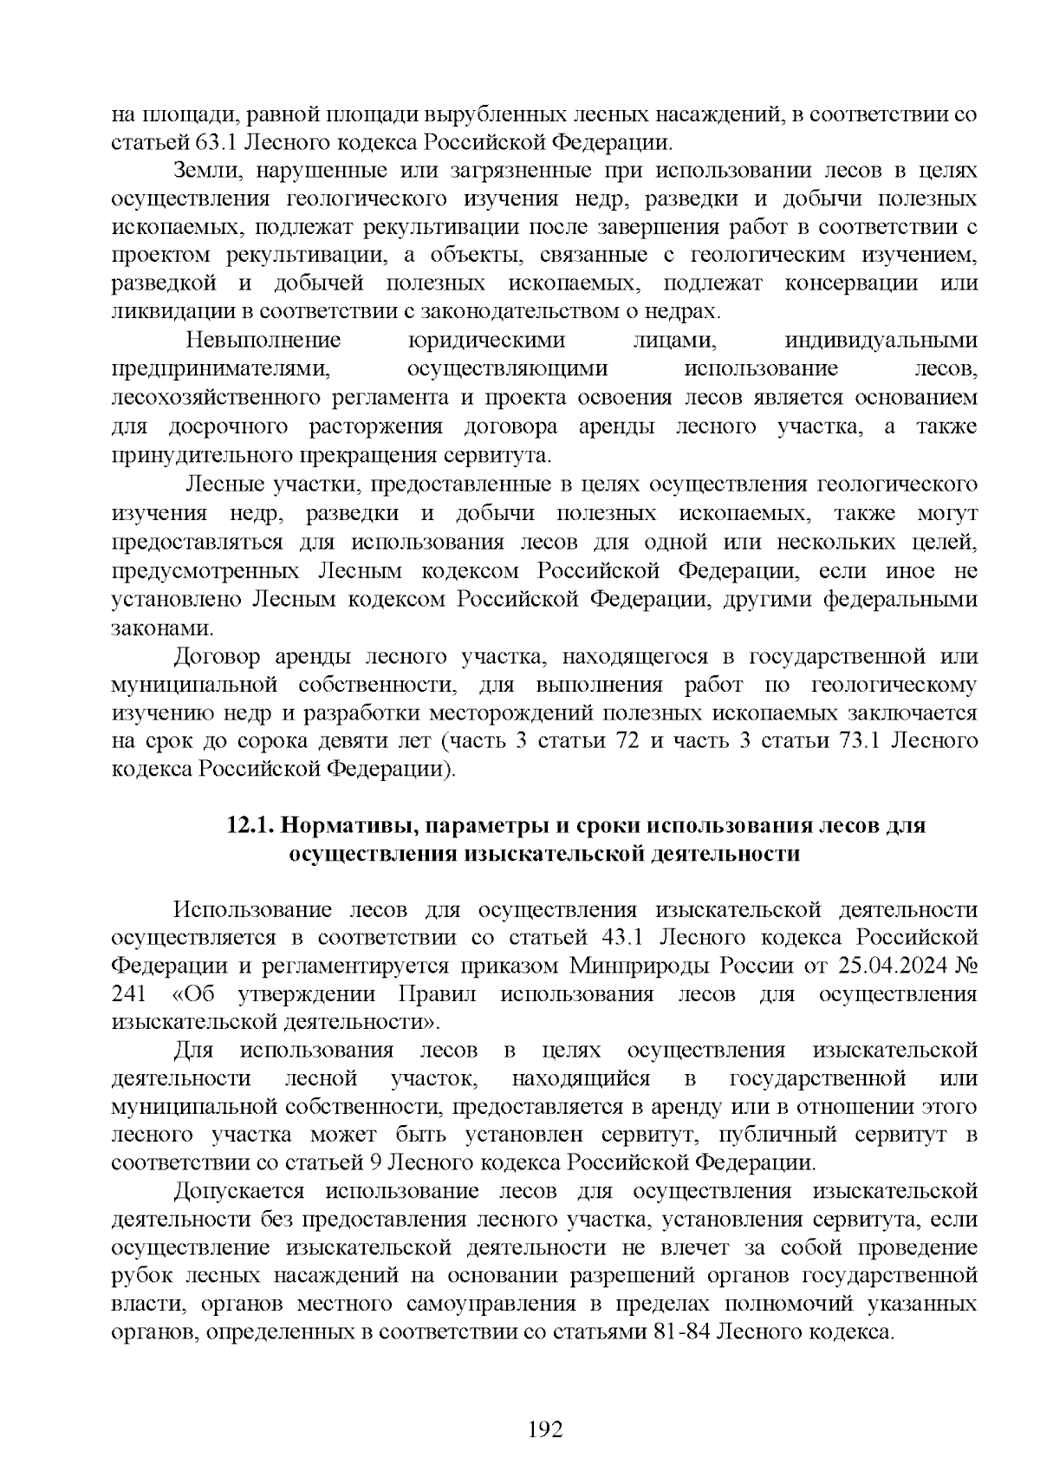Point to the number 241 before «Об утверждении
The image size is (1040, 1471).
click(130, 994)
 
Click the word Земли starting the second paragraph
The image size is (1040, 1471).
click(203, 170)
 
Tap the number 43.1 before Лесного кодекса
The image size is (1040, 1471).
click(620, 938)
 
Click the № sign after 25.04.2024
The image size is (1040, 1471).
click(965, 966)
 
